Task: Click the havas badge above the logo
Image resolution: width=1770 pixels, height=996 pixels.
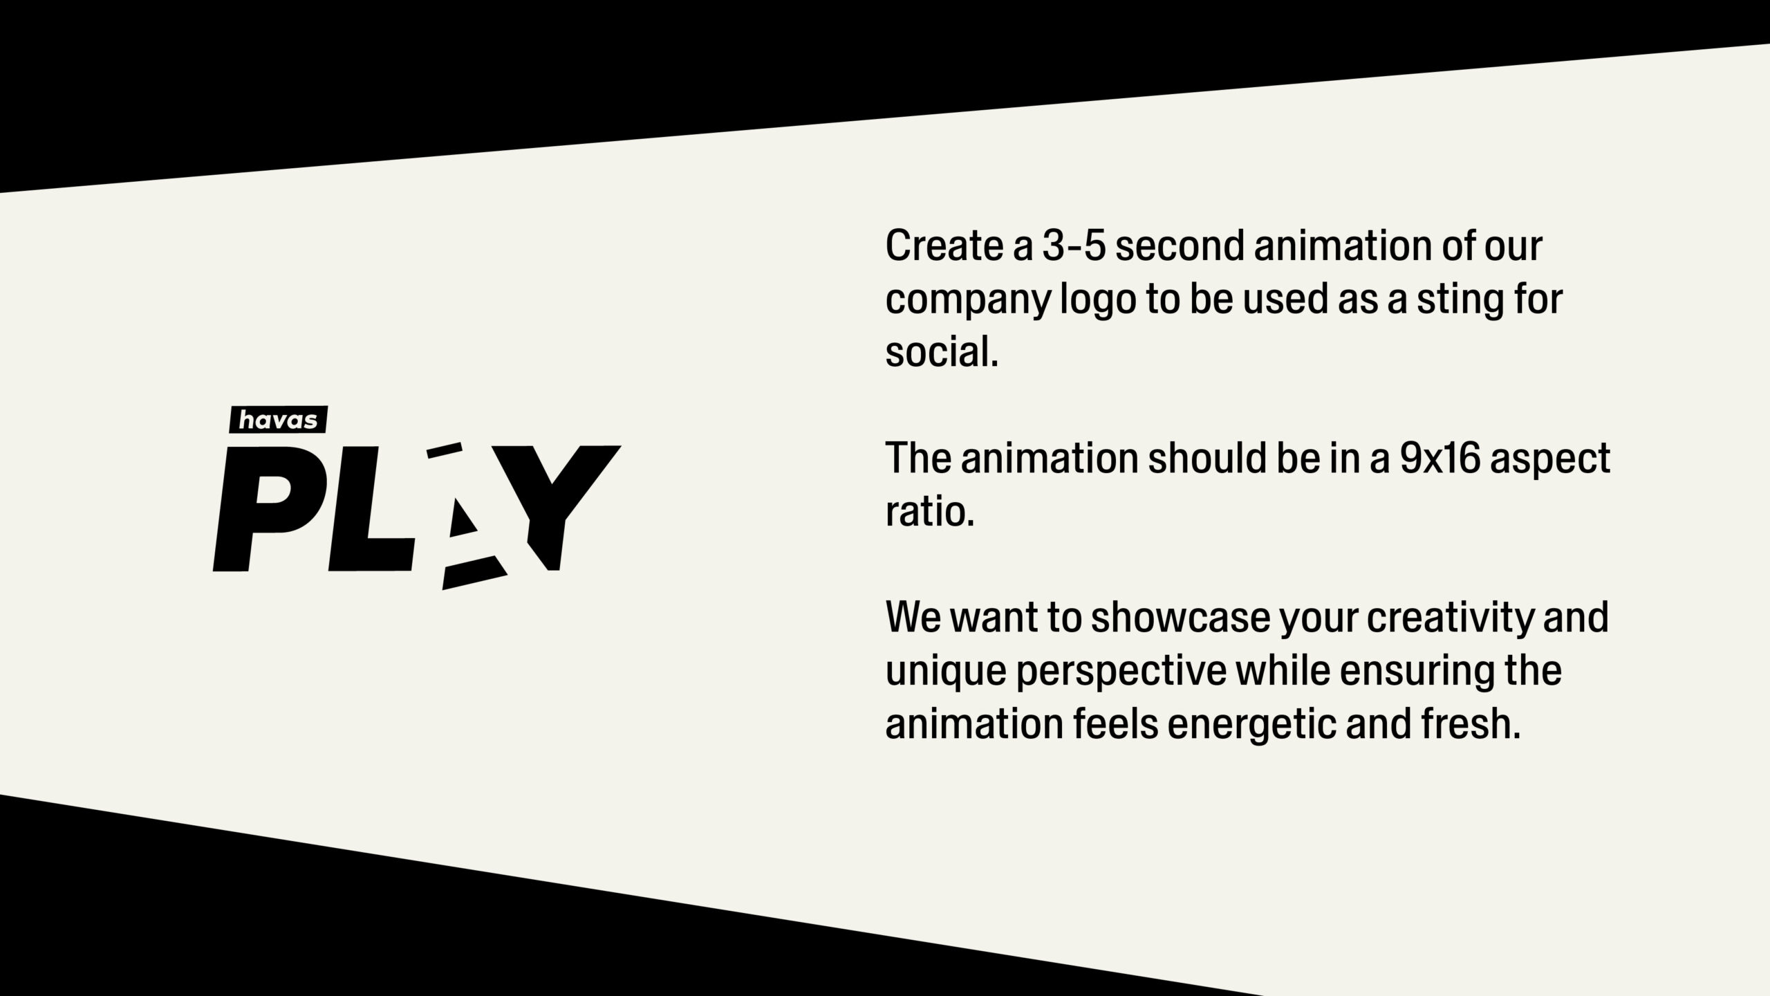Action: tap(278, 420)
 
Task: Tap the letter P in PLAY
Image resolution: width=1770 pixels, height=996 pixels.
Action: tap(263, 509)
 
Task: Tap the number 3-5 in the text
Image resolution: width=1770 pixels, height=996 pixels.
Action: tap(1074, 246)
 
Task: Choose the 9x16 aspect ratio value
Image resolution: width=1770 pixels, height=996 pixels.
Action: tap(1440, 459)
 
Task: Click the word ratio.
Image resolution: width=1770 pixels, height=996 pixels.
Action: tap(930, 512)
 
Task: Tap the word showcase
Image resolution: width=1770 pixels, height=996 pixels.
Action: tap(1181, 618)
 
